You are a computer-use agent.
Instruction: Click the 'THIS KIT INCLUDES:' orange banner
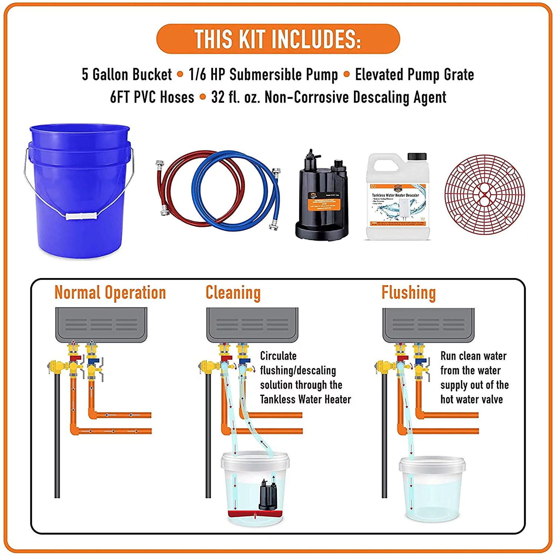[x=278, y=39]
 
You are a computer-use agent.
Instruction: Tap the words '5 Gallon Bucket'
[x=127, y=75]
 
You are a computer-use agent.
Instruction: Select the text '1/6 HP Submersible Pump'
[x=263, y=75]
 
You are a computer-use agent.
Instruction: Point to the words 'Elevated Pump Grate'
[x=414, y=75]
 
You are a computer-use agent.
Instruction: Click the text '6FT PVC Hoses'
[x=152, y=97]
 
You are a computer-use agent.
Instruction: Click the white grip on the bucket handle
[x=81, y=216]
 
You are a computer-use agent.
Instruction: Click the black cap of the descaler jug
[x=417, y=156]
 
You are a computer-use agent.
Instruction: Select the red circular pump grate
[x=484, y=195]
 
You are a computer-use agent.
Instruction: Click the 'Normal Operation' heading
[x=110, y=292]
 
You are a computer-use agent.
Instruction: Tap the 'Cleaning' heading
[x=233, y=292]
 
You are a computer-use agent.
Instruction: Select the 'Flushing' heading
[x=409, y=292]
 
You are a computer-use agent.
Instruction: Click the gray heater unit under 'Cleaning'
[x=252, y=324]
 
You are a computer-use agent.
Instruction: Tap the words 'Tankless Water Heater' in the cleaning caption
[x=305, y=399]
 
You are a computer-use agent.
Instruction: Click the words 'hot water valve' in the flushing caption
[x=471, y=399]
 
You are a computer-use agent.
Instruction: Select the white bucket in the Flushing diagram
[x=432, y=489]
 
